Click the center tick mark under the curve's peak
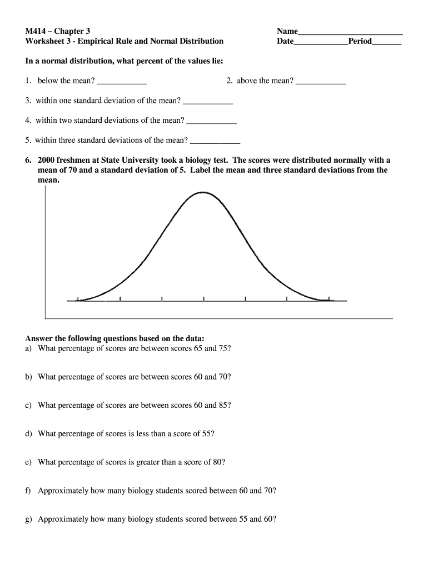(203, 300)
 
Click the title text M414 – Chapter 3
(58, 31)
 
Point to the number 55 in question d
(207, 434)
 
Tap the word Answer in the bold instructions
(39, 338)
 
